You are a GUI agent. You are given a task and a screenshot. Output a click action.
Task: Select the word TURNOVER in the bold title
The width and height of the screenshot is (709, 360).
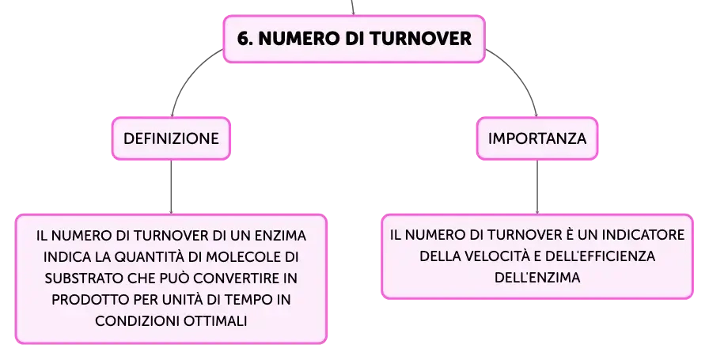tap(422, 39)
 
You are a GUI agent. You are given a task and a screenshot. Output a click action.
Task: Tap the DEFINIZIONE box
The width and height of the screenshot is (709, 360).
tap(171, 138)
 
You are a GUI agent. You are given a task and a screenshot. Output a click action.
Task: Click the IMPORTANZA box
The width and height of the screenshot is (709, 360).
tap(537, 138)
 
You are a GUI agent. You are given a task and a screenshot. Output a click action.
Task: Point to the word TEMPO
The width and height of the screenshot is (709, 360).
tap(248, 299)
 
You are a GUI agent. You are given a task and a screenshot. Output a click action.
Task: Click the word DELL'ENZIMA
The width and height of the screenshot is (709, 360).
tap(537, 277)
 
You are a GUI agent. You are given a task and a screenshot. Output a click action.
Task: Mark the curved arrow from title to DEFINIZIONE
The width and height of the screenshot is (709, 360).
tap(186, 74)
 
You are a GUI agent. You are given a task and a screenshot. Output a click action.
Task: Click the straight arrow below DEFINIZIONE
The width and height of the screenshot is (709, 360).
tap(171, 187)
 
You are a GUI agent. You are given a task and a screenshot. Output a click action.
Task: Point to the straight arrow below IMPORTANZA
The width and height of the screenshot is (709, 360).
tap(537, 187)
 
